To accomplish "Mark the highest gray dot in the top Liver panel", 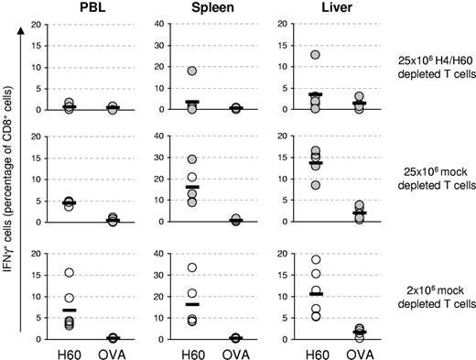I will pos(289,55).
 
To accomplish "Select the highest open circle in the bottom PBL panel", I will pos(69,273).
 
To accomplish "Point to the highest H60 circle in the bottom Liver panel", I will pos(289,260).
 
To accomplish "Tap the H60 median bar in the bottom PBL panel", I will pos(69,311).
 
